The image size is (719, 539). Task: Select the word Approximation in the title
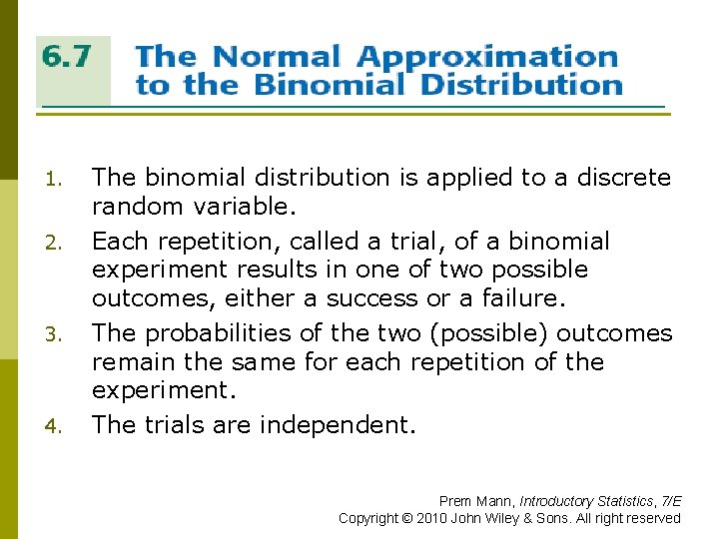click(487, 56)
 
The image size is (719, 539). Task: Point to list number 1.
click(56, 180)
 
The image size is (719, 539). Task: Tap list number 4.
click(56, 427)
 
